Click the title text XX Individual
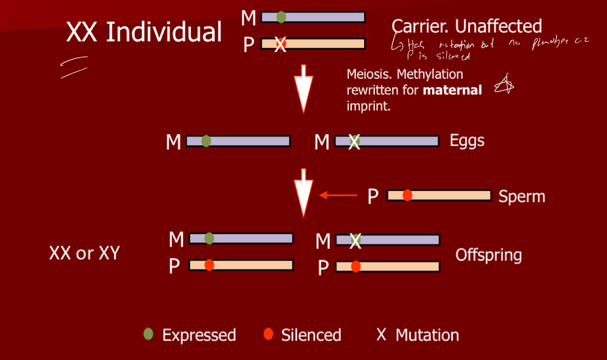(x=144, y=32)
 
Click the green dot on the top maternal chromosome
(x=281, y=17)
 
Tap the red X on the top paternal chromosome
(x=281, y=44)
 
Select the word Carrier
(x=419, y=26)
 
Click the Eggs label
(x=467, y=141)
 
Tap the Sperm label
(x=522, y=196)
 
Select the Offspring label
(x=488, y=255)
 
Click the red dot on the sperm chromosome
(x=407, y=195)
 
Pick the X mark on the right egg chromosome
(x=354, y=141)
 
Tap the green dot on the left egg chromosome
(x=206, y=141)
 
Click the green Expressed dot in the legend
(x=148, y=334)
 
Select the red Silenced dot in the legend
(x=268, y=334)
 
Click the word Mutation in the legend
(x=427, y=335)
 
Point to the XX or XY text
(x=85, y=253)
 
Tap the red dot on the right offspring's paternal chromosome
(x=356, y=267)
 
